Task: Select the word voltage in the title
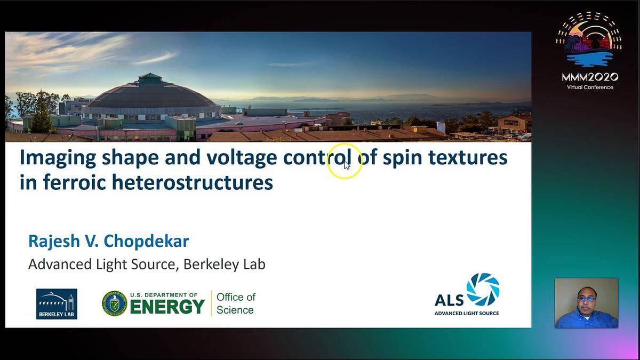tap(242, 158)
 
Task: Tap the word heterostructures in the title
tap(193, 182)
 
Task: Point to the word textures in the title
tap(468, 157)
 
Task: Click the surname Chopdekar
tap(146, 241)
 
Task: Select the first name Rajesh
tap(54, 242)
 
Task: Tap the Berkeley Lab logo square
tap(57, 303)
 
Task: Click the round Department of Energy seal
tap(115, 303)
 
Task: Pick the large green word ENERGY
tap(167, 307)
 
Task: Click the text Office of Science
tap(236, 303)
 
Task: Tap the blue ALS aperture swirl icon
tap(483, 290)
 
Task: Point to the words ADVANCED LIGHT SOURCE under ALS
tap(467, 313)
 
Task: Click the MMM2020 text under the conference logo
tap(590, 77)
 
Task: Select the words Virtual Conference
tap(590, 87)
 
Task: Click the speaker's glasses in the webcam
tap(586, 299)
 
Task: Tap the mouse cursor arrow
tap(347, 165)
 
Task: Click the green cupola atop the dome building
tap(150, 78)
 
